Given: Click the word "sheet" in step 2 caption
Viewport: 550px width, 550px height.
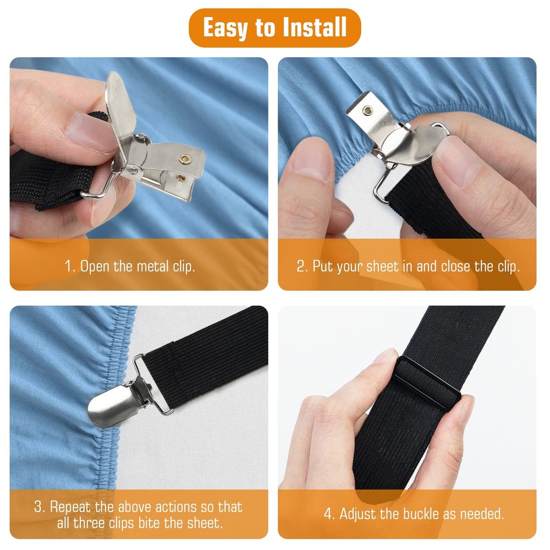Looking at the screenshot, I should click(x=382, y=267).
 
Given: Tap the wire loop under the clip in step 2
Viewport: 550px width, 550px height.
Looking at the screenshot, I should click(x=382, y=184).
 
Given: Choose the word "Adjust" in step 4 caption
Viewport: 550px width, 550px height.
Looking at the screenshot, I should click(x=357, y=514).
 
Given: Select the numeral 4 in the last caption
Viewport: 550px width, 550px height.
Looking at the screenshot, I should click(x=328, y=514).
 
